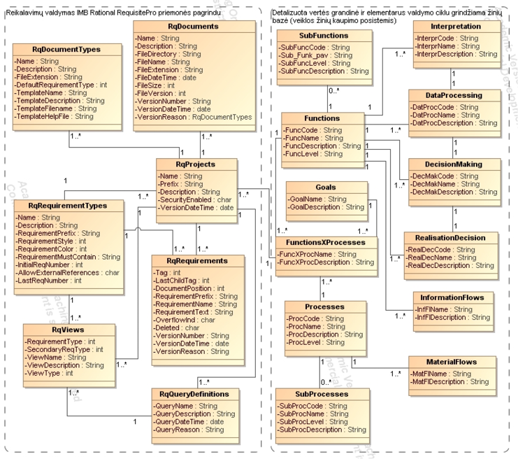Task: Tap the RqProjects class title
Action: pos(195,164)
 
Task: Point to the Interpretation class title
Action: pos(456,26)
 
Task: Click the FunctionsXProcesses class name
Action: pos(326,241)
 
